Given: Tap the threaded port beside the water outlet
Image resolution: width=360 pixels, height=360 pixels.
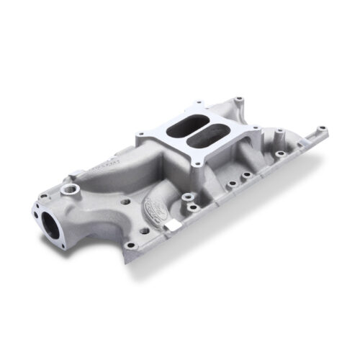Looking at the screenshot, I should point(71,189).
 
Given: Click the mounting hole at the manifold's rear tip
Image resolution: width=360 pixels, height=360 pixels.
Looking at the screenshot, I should point(322,132).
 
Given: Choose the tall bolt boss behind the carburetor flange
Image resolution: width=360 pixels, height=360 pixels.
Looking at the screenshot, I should point(238,100).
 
